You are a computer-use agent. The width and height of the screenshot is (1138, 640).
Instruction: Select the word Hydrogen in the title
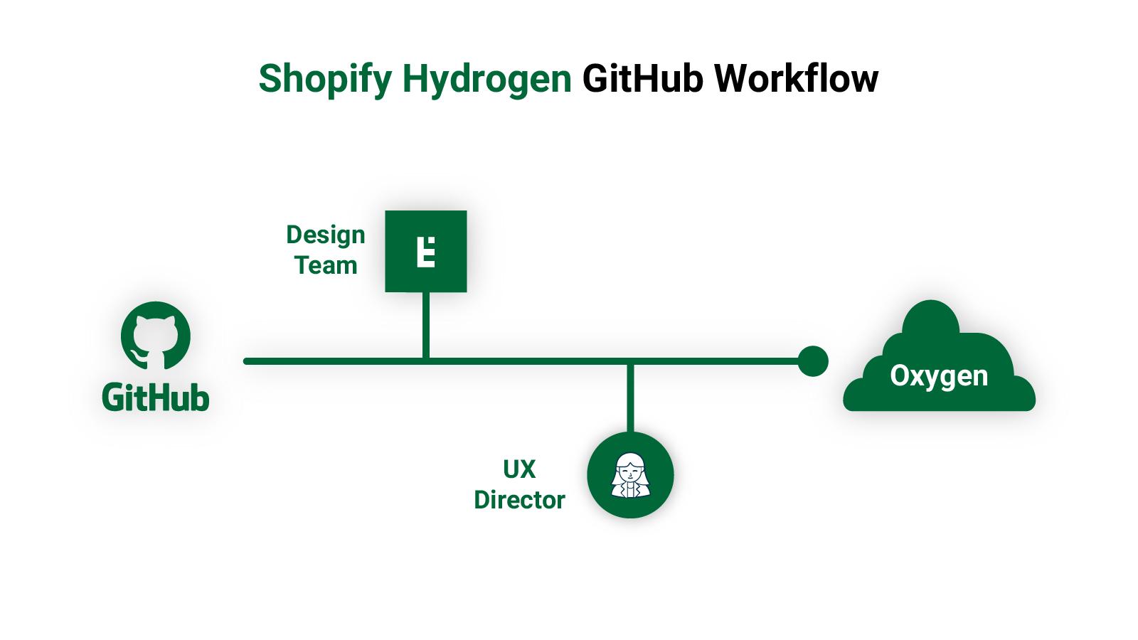tap(487, 79)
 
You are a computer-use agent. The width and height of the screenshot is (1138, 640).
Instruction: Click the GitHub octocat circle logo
tap(156, 336)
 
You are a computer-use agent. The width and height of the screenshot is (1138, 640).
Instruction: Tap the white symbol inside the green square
tap(425, 251)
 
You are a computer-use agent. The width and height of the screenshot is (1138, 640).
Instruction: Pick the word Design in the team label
tap(326, 235)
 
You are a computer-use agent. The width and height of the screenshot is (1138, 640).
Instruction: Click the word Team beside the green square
tap(326, 266)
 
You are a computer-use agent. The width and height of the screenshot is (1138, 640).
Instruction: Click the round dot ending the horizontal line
tap(813, 361)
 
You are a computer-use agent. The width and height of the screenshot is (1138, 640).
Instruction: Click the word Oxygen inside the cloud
tap(939, 375)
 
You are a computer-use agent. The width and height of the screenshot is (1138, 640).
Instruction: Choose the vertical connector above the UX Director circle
tap(630, 398)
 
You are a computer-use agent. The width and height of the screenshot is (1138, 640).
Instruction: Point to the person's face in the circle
tap(628, 470)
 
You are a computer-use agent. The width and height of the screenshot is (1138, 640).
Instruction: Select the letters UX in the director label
tap(519, 469)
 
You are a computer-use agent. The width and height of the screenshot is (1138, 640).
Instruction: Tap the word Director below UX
tap(519, 500)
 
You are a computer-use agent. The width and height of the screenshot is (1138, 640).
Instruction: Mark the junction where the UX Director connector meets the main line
tap(630, 362)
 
